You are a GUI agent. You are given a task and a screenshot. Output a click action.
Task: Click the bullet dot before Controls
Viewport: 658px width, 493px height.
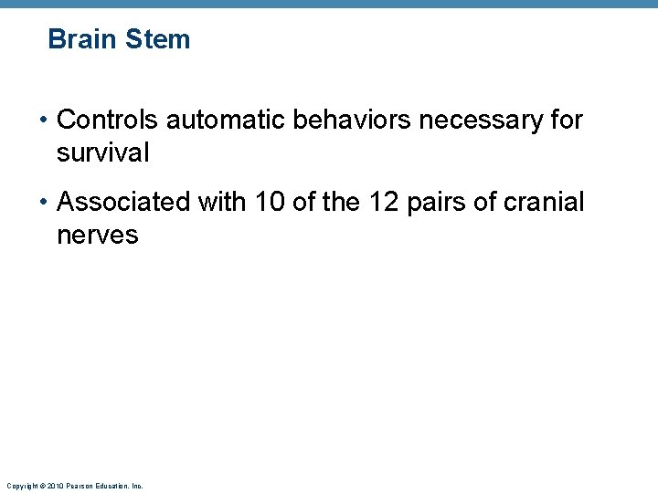45,121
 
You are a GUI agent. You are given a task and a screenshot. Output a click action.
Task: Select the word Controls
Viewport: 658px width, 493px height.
108,120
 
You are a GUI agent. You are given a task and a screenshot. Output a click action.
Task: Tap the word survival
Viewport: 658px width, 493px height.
102,153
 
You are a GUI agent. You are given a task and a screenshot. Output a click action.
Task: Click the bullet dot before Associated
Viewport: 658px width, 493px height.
45,203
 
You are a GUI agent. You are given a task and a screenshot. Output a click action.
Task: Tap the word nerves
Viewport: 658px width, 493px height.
97,236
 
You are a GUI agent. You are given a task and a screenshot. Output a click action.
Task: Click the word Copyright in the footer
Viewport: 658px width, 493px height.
22,486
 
